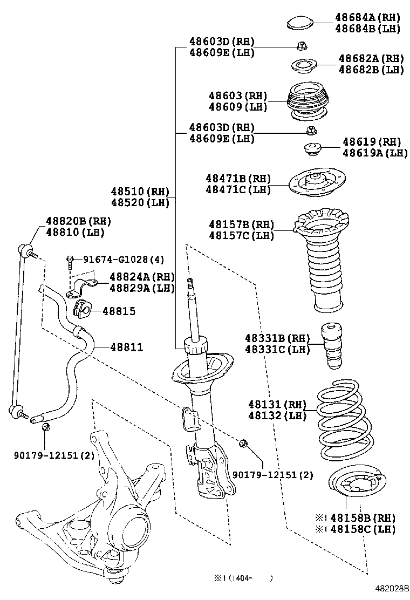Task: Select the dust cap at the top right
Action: pyautogui.click(x=301, y=23)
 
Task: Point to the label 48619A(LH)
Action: pyautogui.click(x=375, y=153)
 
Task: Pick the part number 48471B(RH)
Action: pyautogui.click(x=238, y=179)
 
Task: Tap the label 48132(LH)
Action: pyautogui.click(x=277, y=415)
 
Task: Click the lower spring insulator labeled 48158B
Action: pyautogui.click(x=357, y=488)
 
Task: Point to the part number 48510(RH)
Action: pyautogui.click(x=140, y=192)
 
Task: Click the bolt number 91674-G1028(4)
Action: pyautogui.click(x=124, y=260)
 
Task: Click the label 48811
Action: pyautogui.click(x=127, y=347)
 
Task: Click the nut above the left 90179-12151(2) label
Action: pyautogui.click(x=45, y=428)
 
